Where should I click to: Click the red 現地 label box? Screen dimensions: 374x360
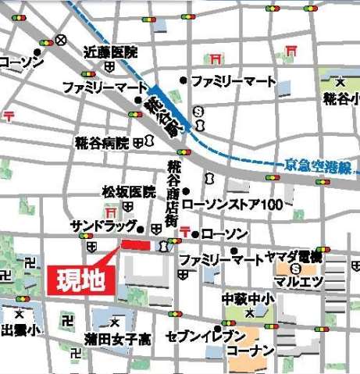(82, 279)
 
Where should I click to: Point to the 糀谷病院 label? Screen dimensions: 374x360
(103, 143)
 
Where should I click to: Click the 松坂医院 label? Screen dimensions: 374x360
(129, 191)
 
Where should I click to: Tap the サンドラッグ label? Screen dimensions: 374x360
(102, 226)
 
